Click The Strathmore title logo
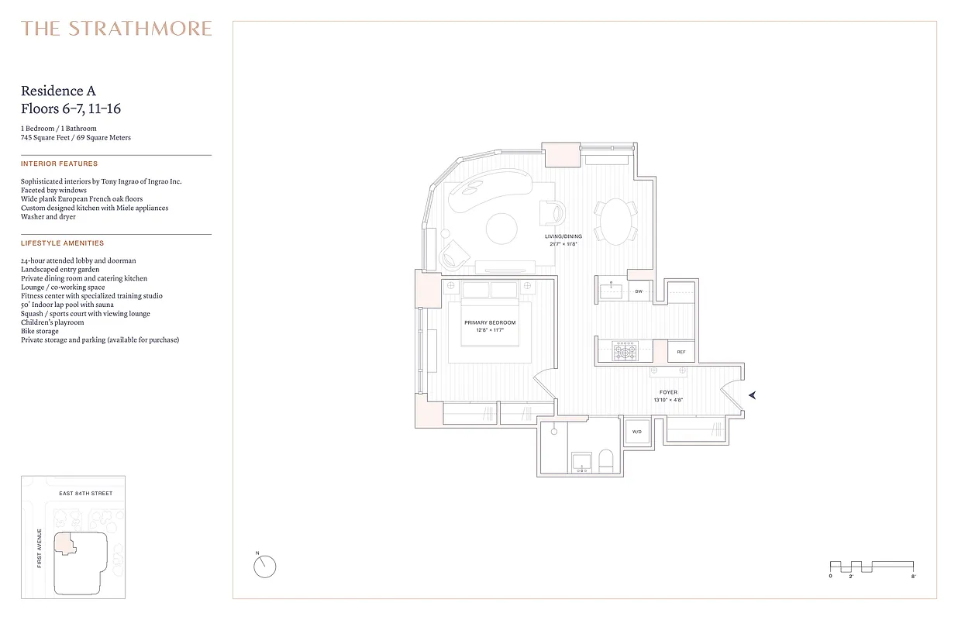(116, 29)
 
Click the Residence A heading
(58, 91)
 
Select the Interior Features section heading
(60, 164)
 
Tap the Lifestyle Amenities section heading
(62, 243)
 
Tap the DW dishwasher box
(639, 291)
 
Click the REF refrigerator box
(681, 352)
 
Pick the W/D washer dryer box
(637, 431)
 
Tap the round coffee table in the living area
(501, 229)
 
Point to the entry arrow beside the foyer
(751, 395)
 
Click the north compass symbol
(264, 566)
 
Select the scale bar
(872, 567)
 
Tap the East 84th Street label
(86, 494)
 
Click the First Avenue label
(40, 548)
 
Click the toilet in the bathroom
(606, 462)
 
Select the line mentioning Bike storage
(40, 331)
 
